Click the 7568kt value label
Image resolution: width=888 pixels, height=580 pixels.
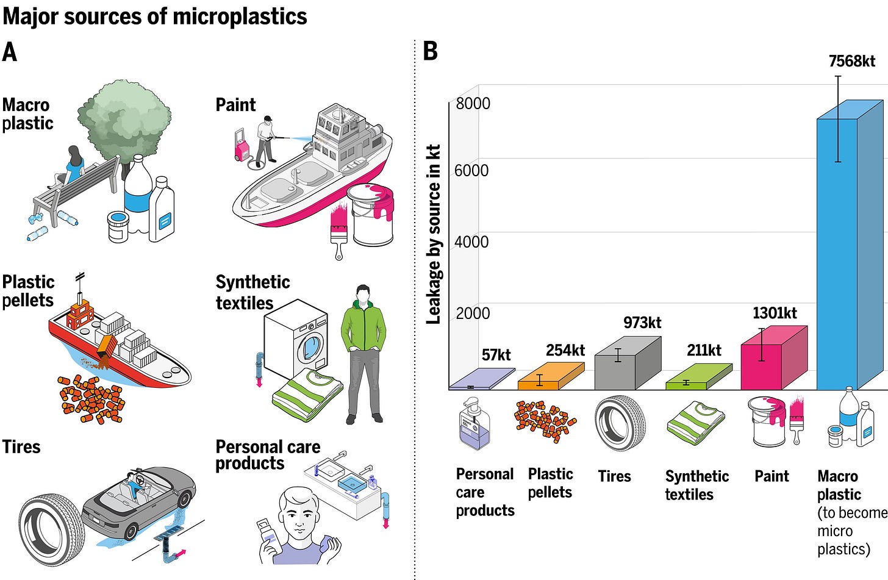click(x=851, y=61)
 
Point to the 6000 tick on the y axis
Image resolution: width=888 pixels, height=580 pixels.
click(x=471, y=170)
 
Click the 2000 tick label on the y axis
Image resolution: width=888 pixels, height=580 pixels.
click(x=473, y=313)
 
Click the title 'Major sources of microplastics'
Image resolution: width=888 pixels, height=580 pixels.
click(x=155, y=16)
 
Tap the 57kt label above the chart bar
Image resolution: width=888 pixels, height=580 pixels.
click(x=496, y=355)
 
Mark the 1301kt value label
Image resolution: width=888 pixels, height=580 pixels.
click(x=775, y=313)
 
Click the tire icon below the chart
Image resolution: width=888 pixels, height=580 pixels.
click(x=619, y=423)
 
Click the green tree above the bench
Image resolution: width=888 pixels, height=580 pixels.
click(x=124, y=117)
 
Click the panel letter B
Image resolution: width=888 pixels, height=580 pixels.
click(x=431, y=51)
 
